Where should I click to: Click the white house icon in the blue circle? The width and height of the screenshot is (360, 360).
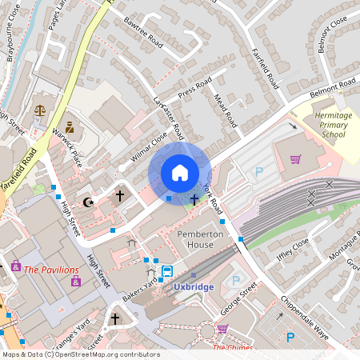point(180,172)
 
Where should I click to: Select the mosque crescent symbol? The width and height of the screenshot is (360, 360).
point(89,202)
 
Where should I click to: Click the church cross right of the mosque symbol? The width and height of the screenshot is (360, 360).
point(120,194)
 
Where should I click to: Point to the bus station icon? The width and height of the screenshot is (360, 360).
point(166,271)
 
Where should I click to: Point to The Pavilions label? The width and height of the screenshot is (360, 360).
point(51,270)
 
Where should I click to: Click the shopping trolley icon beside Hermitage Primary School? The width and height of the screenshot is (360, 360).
point(296,159)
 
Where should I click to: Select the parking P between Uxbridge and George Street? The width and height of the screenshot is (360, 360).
point(235,281)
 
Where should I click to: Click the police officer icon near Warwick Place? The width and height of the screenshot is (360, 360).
point(70,127)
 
